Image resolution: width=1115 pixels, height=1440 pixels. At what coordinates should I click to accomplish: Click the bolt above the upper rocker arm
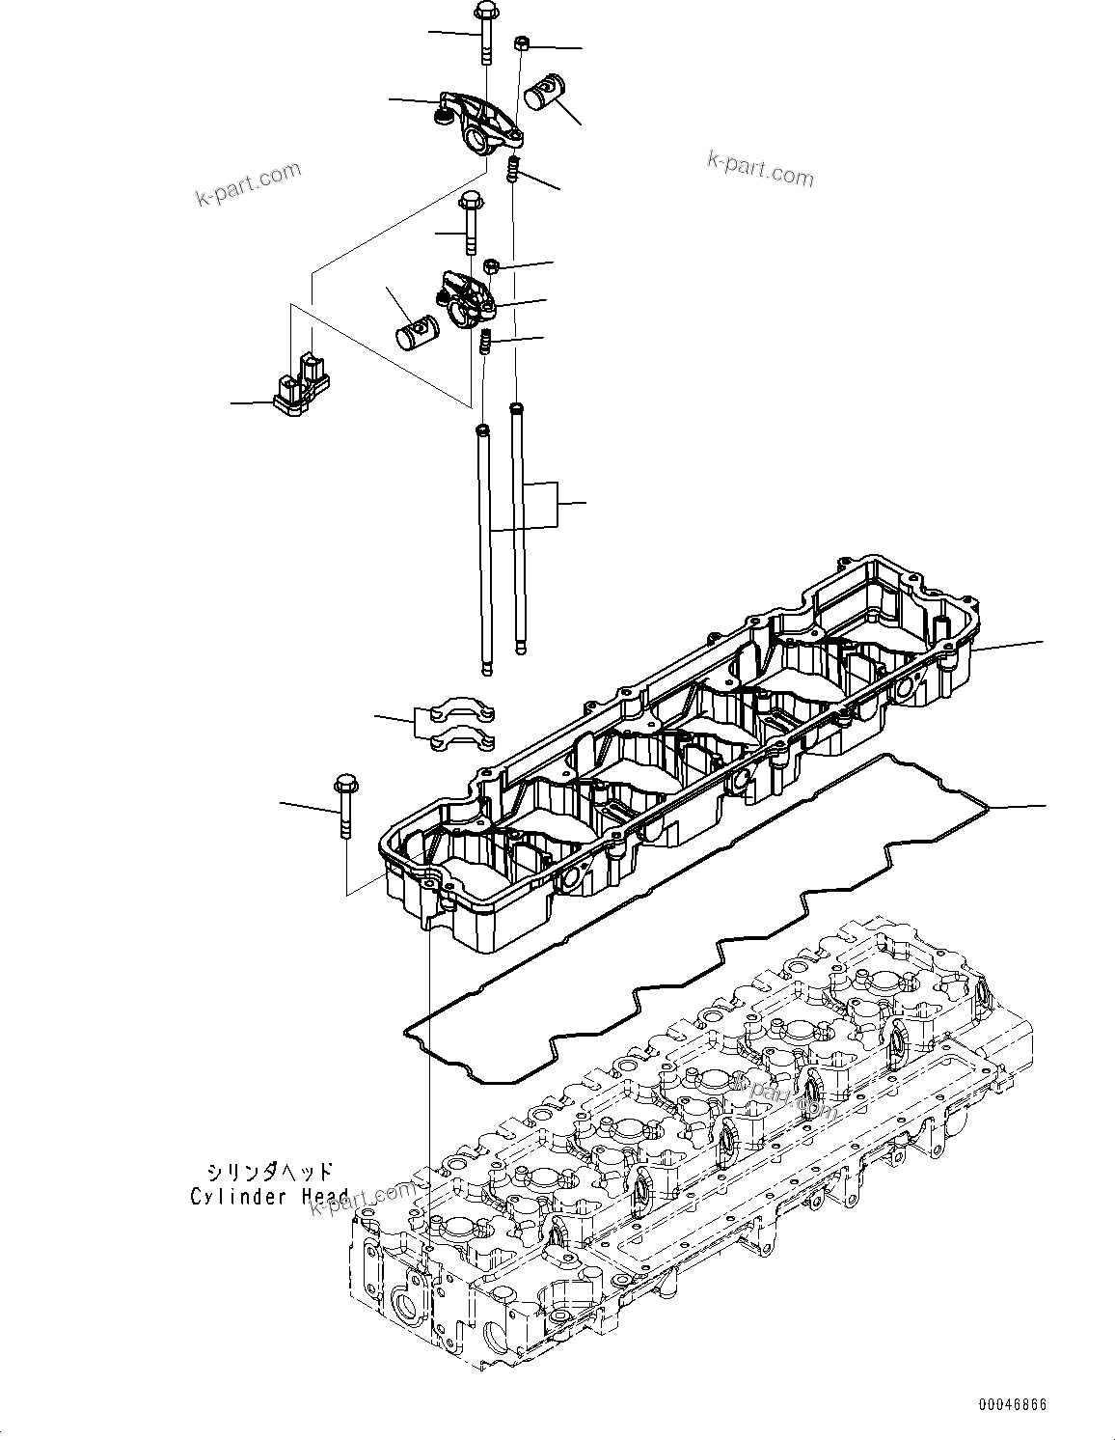point(482,34)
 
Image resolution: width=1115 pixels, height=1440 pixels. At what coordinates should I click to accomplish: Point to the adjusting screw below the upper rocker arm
point(514,169)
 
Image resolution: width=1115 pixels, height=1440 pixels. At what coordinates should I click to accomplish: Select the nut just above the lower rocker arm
point(489,264)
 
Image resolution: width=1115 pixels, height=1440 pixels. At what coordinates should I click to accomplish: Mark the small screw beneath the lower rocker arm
point(486,341)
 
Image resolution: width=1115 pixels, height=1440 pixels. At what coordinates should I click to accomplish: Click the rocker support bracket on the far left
point(299,386)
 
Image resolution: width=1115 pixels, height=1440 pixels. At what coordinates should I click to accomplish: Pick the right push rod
point(519,526)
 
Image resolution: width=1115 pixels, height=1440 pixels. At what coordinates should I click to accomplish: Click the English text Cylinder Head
point(269,1197)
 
